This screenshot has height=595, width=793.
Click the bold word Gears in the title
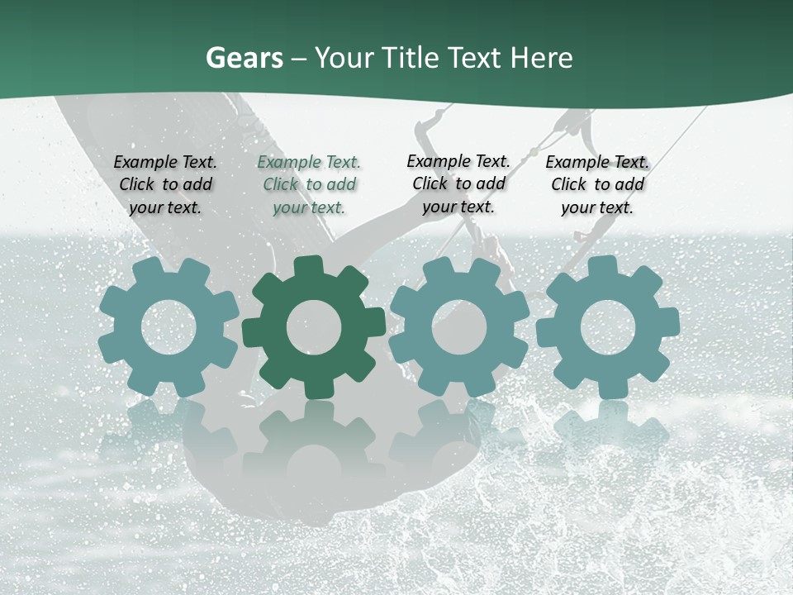[x=244, y=59]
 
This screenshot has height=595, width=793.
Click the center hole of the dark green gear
[x=313, y=327]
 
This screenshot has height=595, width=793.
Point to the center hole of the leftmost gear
[x=169, y=327]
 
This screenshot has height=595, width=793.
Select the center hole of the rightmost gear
[x=608, y=327]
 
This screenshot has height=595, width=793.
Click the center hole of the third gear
[x=458, y=327]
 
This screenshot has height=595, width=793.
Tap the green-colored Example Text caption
[x=309, y=185]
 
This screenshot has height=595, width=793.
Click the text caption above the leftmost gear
[x=165, y=185]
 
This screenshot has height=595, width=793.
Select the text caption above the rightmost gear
[x=597, y=185]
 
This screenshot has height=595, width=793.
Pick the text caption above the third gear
[x=458, y=183]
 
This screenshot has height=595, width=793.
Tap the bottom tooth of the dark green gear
[x=313, y=388]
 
